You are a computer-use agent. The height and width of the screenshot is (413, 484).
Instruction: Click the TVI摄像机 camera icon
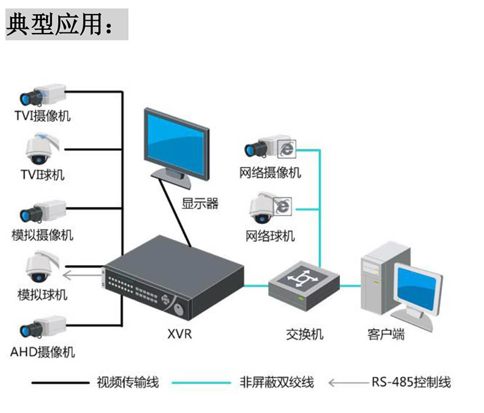tap(42, 94)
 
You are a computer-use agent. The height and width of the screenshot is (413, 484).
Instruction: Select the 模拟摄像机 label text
tap(42, 235)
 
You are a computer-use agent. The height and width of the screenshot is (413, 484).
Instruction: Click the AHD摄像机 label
tap(42, 352)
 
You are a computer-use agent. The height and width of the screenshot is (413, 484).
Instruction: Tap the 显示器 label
tap(200, 204)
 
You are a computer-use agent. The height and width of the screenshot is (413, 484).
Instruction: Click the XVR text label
tap(180, 335)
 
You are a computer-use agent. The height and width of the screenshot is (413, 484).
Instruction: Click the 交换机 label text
tap(304, 335)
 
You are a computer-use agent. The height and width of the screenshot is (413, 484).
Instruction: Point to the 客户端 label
tap(386, 335)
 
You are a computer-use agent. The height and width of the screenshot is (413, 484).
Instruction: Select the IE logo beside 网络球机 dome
tap(282, 206)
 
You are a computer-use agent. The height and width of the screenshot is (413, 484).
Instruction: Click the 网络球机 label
tap(270, 236)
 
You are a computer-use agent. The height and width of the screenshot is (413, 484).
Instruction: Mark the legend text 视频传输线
tap(128, 382)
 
